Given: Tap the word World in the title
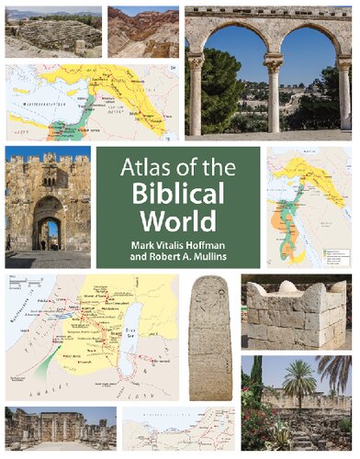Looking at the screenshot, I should tap(178, 220).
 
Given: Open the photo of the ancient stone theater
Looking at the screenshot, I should tap(53, 33).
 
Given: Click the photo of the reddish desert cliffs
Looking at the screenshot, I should tap(142, 32).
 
